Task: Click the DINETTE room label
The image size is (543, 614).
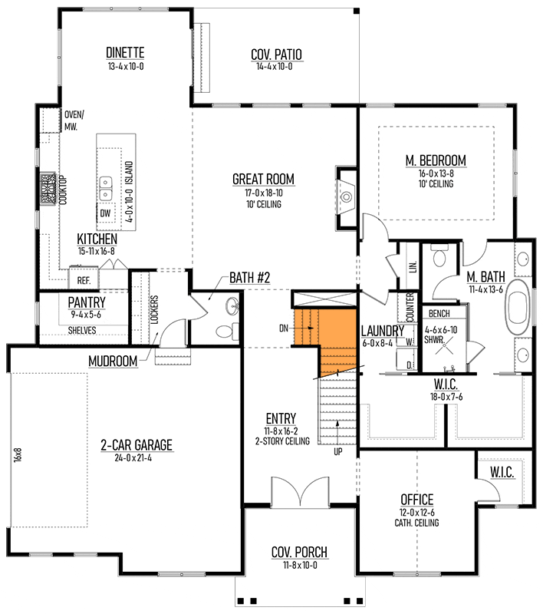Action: tap(125, 52)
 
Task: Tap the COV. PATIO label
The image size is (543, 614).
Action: tap(276, 54)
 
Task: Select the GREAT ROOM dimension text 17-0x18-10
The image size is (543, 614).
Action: tap(264, 193)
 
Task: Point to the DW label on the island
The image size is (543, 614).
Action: tap(105, 213)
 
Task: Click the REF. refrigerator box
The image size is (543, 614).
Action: tap(84, 279)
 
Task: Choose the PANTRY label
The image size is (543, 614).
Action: tap(87, 302)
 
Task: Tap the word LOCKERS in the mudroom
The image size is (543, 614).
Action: tap(154, 309)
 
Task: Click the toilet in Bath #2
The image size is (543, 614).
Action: tap(227, 332)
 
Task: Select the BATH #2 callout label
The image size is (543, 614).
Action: tap(249, 278)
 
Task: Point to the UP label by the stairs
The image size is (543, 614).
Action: tap(338, 451)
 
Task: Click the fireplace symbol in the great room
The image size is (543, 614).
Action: tap(346, 197)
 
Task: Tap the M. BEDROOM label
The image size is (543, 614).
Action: tap(436, 160)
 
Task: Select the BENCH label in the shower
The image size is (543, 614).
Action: tap(439, 314)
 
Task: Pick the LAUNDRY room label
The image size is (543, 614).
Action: tap(382, 331)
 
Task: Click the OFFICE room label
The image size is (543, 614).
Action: tap(417, 500)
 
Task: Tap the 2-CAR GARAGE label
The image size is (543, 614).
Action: tap(137, 445)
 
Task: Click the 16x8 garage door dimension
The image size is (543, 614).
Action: tap(18, 455)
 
